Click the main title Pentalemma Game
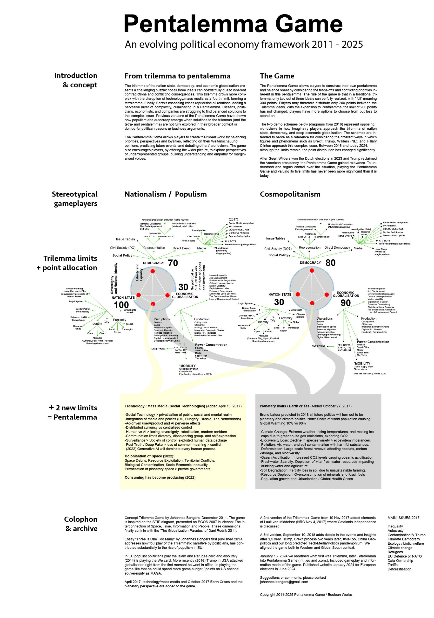pyautogui.click(x=233, y=24)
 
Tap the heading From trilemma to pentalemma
pyautogui.click(x=177, y=76)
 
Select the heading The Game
pyautogui.click(x=277, y=76)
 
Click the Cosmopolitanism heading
pyautogui.click(x=290, y=194)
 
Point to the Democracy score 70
pyautogui.click(x=173, y=263)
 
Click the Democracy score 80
pyautogui.click(x=330, y=263)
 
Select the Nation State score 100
pyautogui.click(x=121, y=305)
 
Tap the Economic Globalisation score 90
pyautogui.click(x=345, y=303)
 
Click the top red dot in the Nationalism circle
pyautogui.click(x=152, y=271)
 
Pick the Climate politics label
pyautogui.click(x=300, y=316)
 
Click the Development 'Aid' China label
pyautogui.click(x=166, y=341)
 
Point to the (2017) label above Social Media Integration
pyautogui.click(x=233, y=219)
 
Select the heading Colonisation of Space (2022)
pyautogui.click(x=149, y=456)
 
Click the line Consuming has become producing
pyautogui.click(x=160, y=477)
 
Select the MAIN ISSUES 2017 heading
pyautogui.click(x=403, y=518)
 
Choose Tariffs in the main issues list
pyautogui.click(x=392, y=565)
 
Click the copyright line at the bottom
pyautogui.click(x=306, y=595)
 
